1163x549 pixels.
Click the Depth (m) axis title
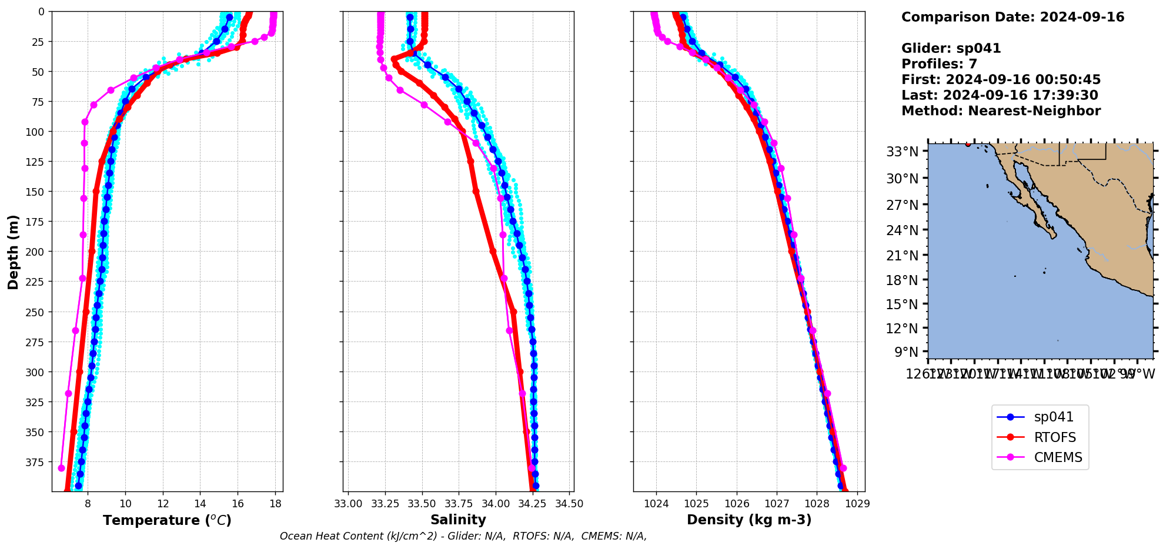pyautogui.click(x=13, y=252)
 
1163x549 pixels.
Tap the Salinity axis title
pyautogui.click(x=458, y=520)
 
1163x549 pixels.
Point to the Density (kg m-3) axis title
pyautogui.click(x=749, y=520)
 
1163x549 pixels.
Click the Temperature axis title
pyautogui.click(x=167, y=520)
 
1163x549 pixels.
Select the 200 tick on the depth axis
pyautogui.click(x=35, y=252)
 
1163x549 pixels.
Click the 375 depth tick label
pyautogui.click(x=35, y=463)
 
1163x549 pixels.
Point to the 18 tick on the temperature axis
pyautogui.click(x=275, y=504)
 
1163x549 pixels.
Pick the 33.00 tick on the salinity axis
pyautogui.click(x=348, y=504)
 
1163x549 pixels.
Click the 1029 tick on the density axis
pyautogui.click(x=857, y=504)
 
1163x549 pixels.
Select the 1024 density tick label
pyautogui.click(x=656, y=504)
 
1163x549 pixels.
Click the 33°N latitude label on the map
pyautogui.click(x=903, y=152)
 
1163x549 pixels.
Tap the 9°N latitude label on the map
pyautogui.click(x=906, y=352)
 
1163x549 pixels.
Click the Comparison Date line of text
pyautogui.click(x=1012, y=17)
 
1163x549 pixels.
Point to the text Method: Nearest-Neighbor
pyautogui.click(x=1001, y=111)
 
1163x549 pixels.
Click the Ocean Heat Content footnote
pyautogui.click(x=463, y=536)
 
